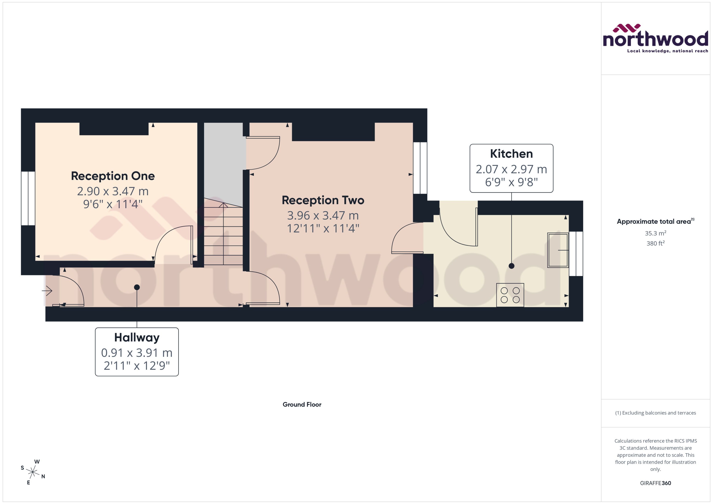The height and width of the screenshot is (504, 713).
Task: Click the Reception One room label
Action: tap(113, 176)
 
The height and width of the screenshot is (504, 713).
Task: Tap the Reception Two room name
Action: tap(323, 200)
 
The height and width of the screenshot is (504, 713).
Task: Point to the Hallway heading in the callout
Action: tap(137, 337)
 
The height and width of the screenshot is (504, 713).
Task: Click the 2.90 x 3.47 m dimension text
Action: tap(113, 191)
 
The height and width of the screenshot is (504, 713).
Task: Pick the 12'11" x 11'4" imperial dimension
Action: tap(323, 229)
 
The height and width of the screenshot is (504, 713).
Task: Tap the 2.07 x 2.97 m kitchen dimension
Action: tap(511, 169)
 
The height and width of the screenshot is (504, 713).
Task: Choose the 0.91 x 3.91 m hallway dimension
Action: tap(137, 353)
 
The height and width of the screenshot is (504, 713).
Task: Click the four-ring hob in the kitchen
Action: tap(510, 295)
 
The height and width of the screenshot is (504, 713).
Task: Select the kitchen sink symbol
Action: tap(558, 250)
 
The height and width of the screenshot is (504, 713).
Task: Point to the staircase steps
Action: tap(223, 236)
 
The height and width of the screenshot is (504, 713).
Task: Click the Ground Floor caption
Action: tap(302, 404)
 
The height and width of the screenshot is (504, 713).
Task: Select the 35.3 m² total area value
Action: tap(655, 233)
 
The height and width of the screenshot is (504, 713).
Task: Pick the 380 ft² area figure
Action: tap(655, 243)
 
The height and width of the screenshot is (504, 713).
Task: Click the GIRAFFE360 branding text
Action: tap(655, 483)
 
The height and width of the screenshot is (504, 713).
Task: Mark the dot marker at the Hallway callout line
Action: tap(137, 287)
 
